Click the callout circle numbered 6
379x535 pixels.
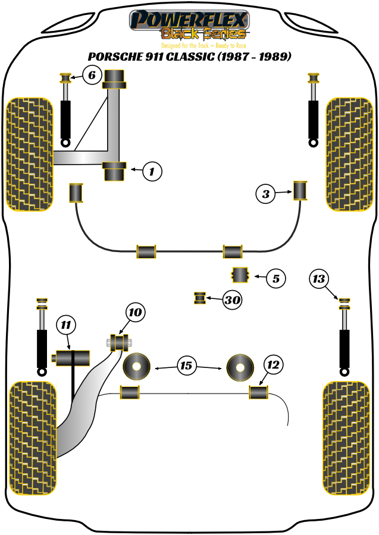pyautogui.click(x=91, y=75)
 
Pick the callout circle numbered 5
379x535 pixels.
pyautogui.click(x=275, y=278)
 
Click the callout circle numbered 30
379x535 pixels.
pyautogui.click(x=232, y=301)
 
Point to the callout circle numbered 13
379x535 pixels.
pyautogui.click(x=320, y=278)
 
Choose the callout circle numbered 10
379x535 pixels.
pyautogui.click(x=136, y=312)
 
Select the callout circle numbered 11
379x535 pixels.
pyautogui.click(x=67, y=325)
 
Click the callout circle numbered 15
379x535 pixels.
pyautogui.click(x=187, y=366)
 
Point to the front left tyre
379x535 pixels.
pyautogui.click(x=29, y=154)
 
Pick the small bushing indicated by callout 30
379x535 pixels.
pyautogui.click(x=201, y=297)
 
